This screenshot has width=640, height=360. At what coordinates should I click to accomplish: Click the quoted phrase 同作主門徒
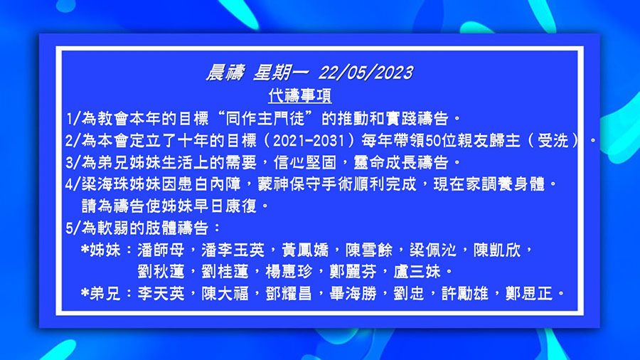(270, 117)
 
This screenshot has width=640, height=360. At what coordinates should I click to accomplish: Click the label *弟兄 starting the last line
(102, 292)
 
